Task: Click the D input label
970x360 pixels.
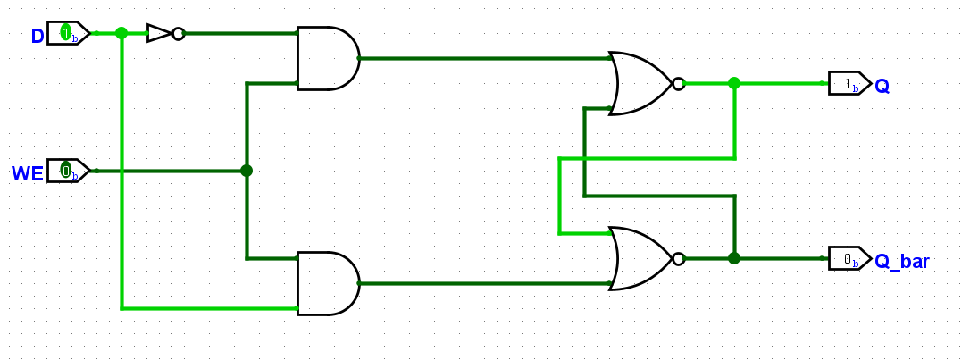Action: pyautogui.click(x=38, y=37)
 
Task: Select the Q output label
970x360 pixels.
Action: pyautogui.click(x=882, y=86)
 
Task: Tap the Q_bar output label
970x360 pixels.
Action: pyautogui.click(x=901, y=261)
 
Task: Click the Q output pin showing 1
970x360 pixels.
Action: pyautogui.click(x=850, y=83)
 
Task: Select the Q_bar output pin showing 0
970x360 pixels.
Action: pyautogui.click(x=850, y=258)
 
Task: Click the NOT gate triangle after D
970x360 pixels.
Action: pyautogui.click(x=159, y=33)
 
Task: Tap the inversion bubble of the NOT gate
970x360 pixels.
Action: pyautogui.click(x=178, y=33)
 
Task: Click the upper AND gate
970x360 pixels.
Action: pyautogui.click(x=329, y=58)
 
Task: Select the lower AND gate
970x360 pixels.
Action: pyautogui.click(x=329, y=283)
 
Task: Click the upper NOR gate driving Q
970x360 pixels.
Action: pyautogui.click(x=641, y=83)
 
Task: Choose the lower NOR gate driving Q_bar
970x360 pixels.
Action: pyautogui.click(x=641, y=258)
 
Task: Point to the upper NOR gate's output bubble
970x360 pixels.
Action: pyautogui.click(x=679, y=83)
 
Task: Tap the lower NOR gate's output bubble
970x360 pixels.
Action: pyautogui.click(x=679, y=258)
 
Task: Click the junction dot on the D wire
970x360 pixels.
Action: pyautogui.click(x=121, y=33)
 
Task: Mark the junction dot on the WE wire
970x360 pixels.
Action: pyautogui.click(x=247, y=171)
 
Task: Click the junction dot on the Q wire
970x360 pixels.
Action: pyautogui.click(x=734, y=83)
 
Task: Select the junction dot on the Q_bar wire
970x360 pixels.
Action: pyautogui.click(x=734, y=258)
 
